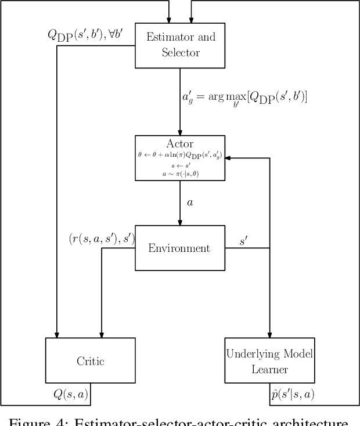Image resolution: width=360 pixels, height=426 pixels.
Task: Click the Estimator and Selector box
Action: (x=180, y=45)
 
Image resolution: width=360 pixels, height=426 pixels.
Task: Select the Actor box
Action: (x=180, y=158)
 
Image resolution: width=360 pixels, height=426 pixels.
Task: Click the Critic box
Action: (x=90, y=360)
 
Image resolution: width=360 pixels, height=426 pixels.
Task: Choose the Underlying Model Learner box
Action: (x=269, y=360)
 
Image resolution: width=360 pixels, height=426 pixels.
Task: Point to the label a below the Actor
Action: (x=189, y=203)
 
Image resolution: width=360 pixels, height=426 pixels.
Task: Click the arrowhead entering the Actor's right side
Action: (x=228, y=158)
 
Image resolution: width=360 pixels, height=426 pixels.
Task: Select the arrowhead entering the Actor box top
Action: (x=180, y=132)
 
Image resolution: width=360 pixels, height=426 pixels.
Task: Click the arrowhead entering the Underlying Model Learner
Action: (x=269, y=335)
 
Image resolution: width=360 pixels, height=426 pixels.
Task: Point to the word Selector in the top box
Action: (x=180, y=52)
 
